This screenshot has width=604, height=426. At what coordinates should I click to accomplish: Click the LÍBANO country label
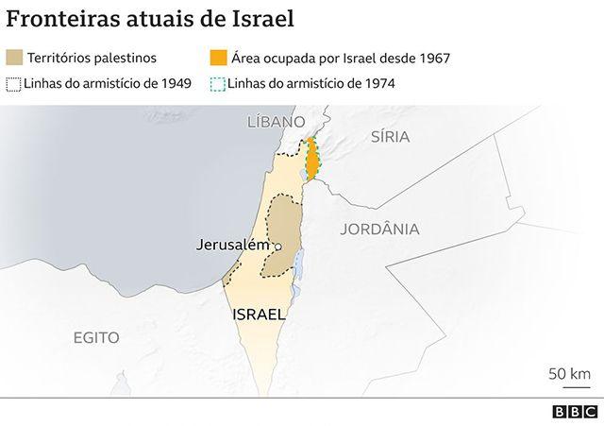[x=274, y=121]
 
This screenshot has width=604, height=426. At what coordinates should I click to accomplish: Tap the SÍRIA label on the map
[x=390, y=136]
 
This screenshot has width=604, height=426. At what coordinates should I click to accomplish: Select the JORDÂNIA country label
[x=379, y=228]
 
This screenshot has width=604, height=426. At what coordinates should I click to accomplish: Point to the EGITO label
[x=97, y=336]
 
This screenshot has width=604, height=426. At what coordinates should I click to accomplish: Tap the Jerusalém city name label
[x=233, y=244]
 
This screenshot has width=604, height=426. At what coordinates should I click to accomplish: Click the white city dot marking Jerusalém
[x=278, y=246]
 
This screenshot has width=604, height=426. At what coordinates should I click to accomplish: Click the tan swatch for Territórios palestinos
[x=14, y=58]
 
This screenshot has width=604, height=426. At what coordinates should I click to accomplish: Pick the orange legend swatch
[x=217, y=58]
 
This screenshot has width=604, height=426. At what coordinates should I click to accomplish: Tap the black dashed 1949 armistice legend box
[x=14, y=82]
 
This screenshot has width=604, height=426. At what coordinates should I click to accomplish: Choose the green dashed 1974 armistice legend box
[x=217, y=82]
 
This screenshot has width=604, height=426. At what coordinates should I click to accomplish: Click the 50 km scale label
[x=569, y=373]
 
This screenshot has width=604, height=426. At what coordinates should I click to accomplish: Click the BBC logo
[x=574, y=412]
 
